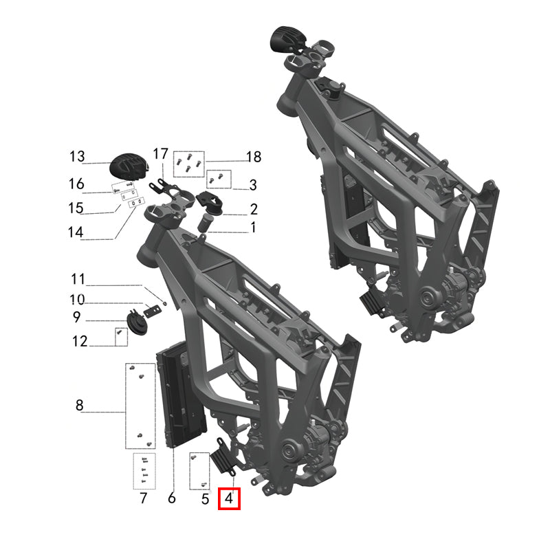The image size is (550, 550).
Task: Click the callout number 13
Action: tap(77, 157)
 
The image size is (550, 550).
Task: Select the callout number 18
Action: tap(254, 157)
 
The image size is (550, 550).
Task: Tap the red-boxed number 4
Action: tap(229, 498)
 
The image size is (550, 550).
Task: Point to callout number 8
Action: tap(80, 405)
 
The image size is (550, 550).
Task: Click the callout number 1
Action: tap(253, 228)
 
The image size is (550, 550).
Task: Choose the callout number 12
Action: tap(80, 341)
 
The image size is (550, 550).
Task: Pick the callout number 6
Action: tap(171, 498)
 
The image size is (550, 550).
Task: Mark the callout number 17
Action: tap(161, 154)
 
